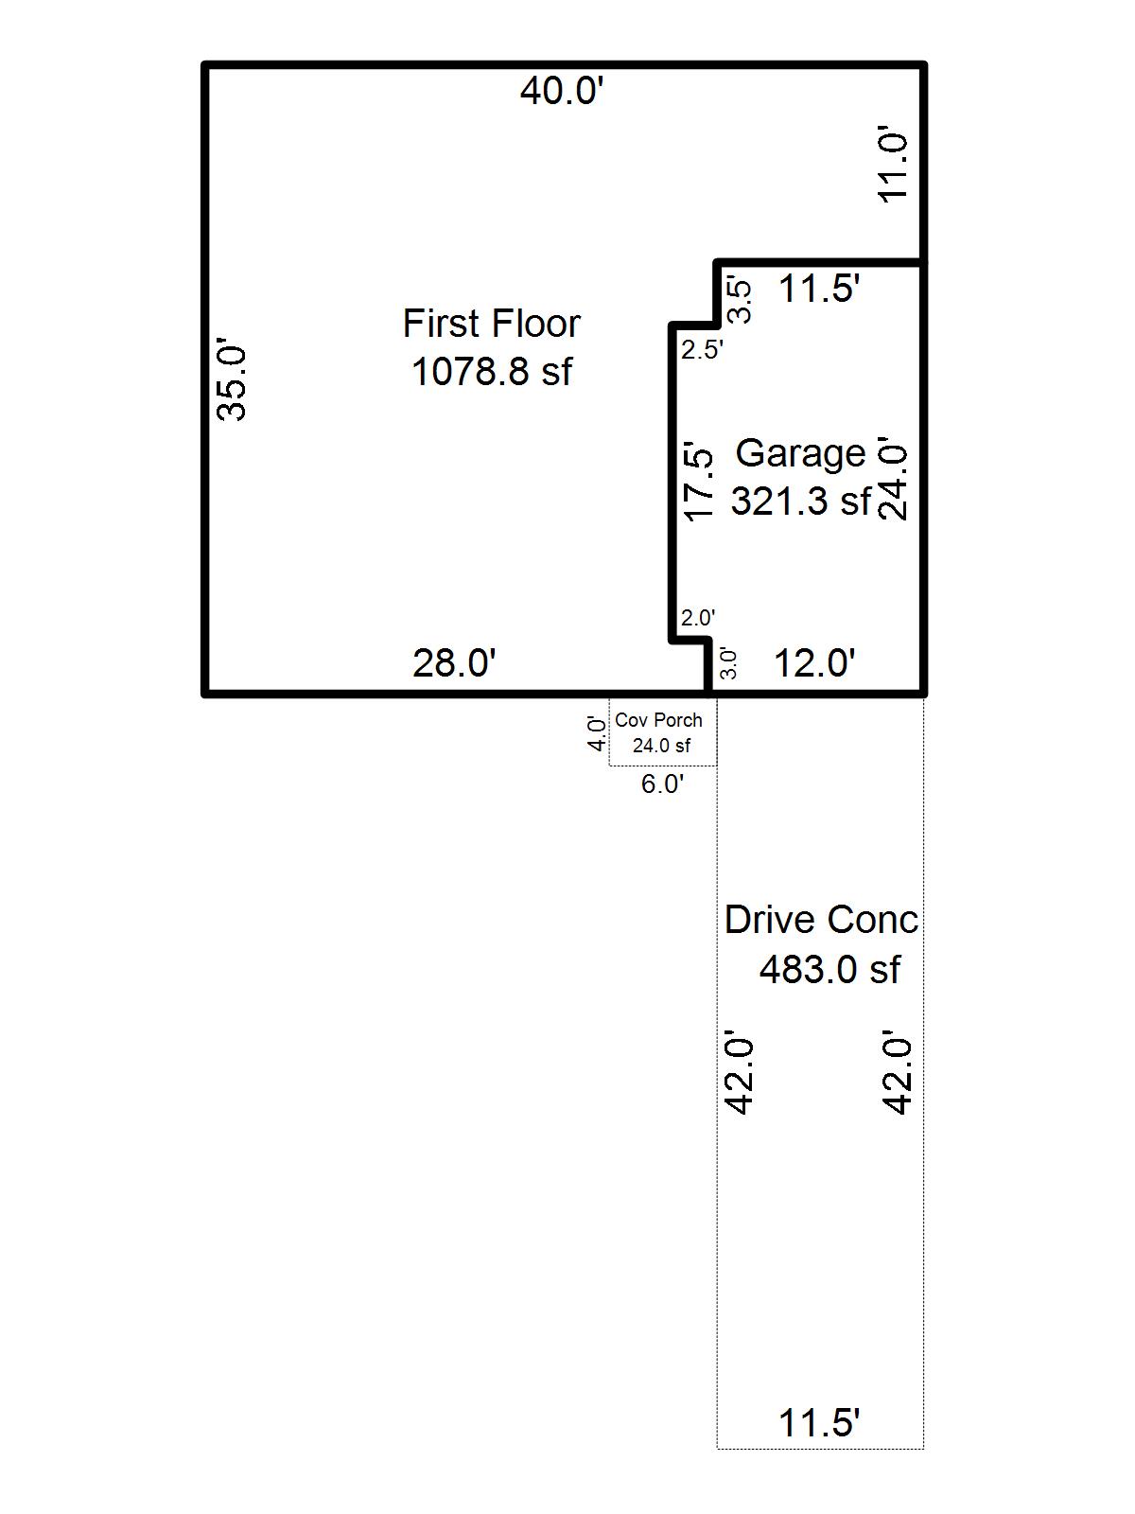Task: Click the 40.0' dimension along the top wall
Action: pos(562,92)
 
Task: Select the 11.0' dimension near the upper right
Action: pos(893,165)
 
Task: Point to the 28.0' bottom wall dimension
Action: pos(454,663)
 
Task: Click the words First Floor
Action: pos(491,324)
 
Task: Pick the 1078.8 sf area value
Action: pos(491,371)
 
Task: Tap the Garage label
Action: pos(800,453)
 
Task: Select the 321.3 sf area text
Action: pos(800,501)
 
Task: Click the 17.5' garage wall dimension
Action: pos(698,480)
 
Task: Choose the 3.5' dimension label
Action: pos(741,300)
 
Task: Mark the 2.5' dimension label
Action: pos(702,350)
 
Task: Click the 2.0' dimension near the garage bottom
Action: pos(698,618)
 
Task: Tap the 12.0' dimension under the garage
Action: pos(814,663)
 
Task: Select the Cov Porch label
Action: pos(658,720)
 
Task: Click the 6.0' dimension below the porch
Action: pos(662,783)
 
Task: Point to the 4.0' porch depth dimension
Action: pos(597,733)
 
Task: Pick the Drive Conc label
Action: pos(821,920)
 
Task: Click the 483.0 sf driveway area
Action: pos(829,969)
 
